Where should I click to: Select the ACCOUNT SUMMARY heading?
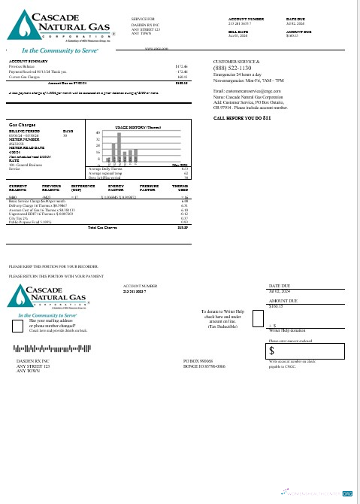pos(29,59)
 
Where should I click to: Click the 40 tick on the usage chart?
pos(98,132)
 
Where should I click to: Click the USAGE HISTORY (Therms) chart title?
pos(135,127)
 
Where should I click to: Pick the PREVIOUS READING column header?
pos(52,187)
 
